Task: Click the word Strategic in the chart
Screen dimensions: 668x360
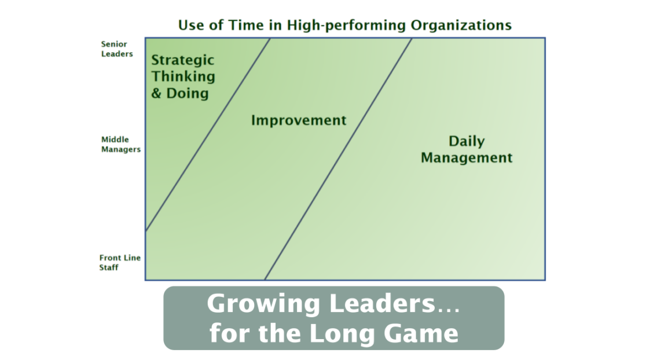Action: (183, 61)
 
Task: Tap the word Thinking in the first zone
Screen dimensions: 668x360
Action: (183, 76)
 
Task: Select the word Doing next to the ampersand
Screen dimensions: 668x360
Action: (188, 93)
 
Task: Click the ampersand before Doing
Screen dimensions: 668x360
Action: (156, 93)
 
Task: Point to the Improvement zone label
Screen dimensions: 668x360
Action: (299, 120)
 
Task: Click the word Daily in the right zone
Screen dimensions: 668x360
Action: (467, 141)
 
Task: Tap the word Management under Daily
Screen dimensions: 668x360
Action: (467, 157)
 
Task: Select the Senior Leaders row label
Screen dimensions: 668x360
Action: (117, 49)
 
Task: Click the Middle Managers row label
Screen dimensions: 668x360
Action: (120, 145)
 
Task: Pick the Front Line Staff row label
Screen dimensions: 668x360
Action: (120, 262)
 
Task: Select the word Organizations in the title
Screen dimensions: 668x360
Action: (461, 25)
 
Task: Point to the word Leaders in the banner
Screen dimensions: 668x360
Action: (382, 303)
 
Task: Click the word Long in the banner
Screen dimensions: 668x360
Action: (342, 333)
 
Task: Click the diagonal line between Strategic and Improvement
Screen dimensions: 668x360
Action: (208, 135)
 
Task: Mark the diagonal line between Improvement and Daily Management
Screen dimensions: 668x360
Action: (338, 159)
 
